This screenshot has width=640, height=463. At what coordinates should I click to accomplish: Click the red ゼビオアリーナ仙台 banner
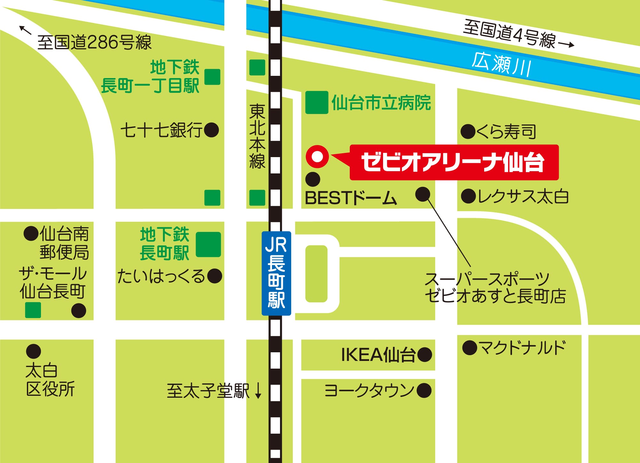tap(454, 162)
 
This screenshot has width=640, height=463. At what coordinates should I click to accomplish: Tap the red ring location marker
tap(317, 156)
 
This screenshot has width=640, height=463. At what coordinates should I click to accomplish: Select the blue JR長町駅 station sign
tap(276, 273)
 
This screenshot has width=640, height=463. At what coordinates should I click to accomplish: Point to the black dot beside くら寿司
tap(468, 132)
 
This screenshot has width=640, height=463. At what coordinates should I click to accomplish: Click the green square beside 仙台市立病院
tap(316, 103)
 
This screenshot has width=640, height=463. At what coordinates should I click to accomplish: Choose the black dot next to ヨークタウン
tap(424, 390)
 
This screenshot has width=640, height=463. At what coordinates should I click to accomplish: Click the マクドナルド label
tap(522, 348)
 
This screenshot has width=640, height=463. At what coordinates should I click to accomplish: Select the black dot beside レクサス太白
tap(468, 196)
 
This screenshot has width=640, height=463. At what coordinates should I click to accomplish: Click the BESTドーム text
tap(351, 198)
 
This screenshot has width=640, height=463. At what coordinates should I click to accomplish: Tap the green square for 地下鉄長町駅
tap(208, 244)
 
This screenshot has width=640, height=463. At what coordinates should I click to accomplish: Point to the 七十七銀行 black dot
tap(212, 130)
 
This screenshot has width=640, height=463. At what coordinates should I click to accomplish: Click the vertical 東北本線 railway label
tap(257, 136)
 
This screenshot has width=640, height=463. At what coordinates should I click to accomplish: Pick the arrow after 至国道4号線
tap(566, 44)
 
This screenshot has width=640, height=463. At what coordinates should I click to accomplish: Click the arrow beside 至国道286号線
tap(25, 30)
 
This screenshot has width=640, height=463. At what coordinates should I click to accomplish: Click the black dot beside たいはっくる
tap(214, 276)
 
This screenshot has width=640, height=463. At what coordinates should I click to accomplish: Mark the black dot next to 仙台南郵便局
tap(31, 234)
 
